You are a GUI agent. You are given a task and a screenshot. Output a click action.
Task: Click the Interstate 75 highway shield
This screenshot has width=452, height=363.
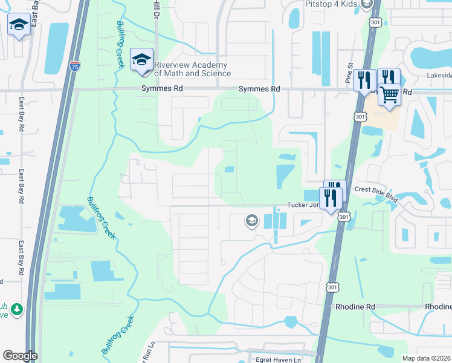75,65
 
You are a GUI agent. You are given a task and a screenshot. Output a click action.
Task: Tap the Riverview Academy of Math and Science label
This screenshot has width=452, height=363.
192,70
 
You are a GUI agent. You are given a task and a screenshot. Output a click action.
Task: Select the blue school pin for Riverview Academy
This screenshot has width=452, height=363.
142,60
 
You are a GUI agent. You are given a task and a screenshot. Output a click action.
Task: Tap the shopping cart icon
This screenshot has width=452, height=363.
390,94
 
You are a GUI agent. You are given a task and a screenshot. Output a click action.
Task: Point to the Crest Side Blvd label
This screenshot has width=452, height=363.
378,189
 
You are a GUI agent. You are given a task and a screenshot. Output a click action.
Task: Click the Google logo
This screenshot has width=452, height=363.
20,356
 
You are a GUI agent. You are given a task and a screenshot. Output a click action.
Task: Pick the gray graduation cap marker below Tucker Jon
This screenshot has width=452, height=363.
251,221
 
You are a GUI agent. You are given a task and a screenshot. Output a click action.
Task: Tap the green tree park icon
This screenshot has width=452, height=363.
17,309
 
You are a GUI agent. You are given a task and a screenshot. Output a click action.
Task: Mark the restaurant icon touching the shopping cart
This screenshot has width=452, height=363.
388,78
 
